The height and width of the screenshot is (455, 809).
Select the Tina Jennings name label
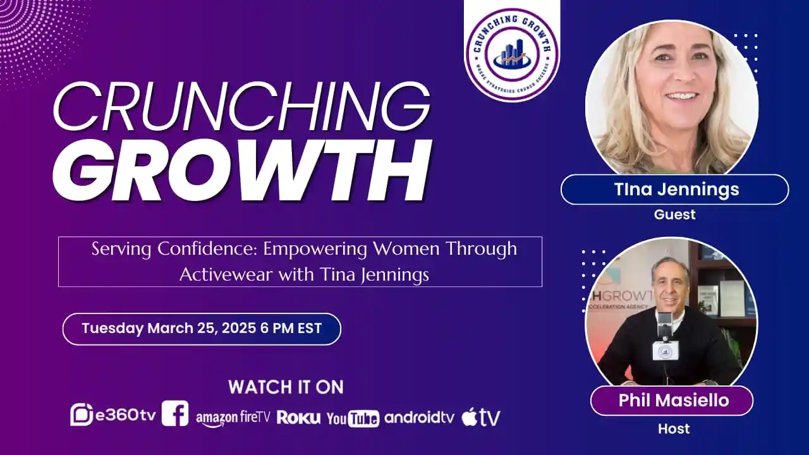point(674,190)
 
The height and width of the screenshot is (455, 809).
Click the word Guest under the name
point(674,215)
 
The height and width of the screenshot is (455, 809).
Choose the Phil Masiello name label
point(671,400)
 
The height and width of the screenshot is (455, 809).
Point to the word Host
point(674,429)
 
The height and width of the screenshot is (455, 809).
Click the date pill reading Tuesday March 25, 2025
point(202,329)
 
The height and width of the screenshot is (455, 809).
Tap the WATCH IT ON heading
point(286,387)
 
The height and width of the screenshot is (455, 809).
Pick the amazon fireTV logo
point(233,418)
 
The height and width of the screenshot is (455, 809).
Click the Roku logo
point(298,418)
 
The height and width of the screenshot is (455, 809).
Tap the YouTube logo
point(353,418)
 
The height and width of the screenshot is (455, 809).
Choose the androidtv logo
point(419,417)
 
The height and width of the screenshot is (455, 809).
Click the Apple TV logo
point(481,417)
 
